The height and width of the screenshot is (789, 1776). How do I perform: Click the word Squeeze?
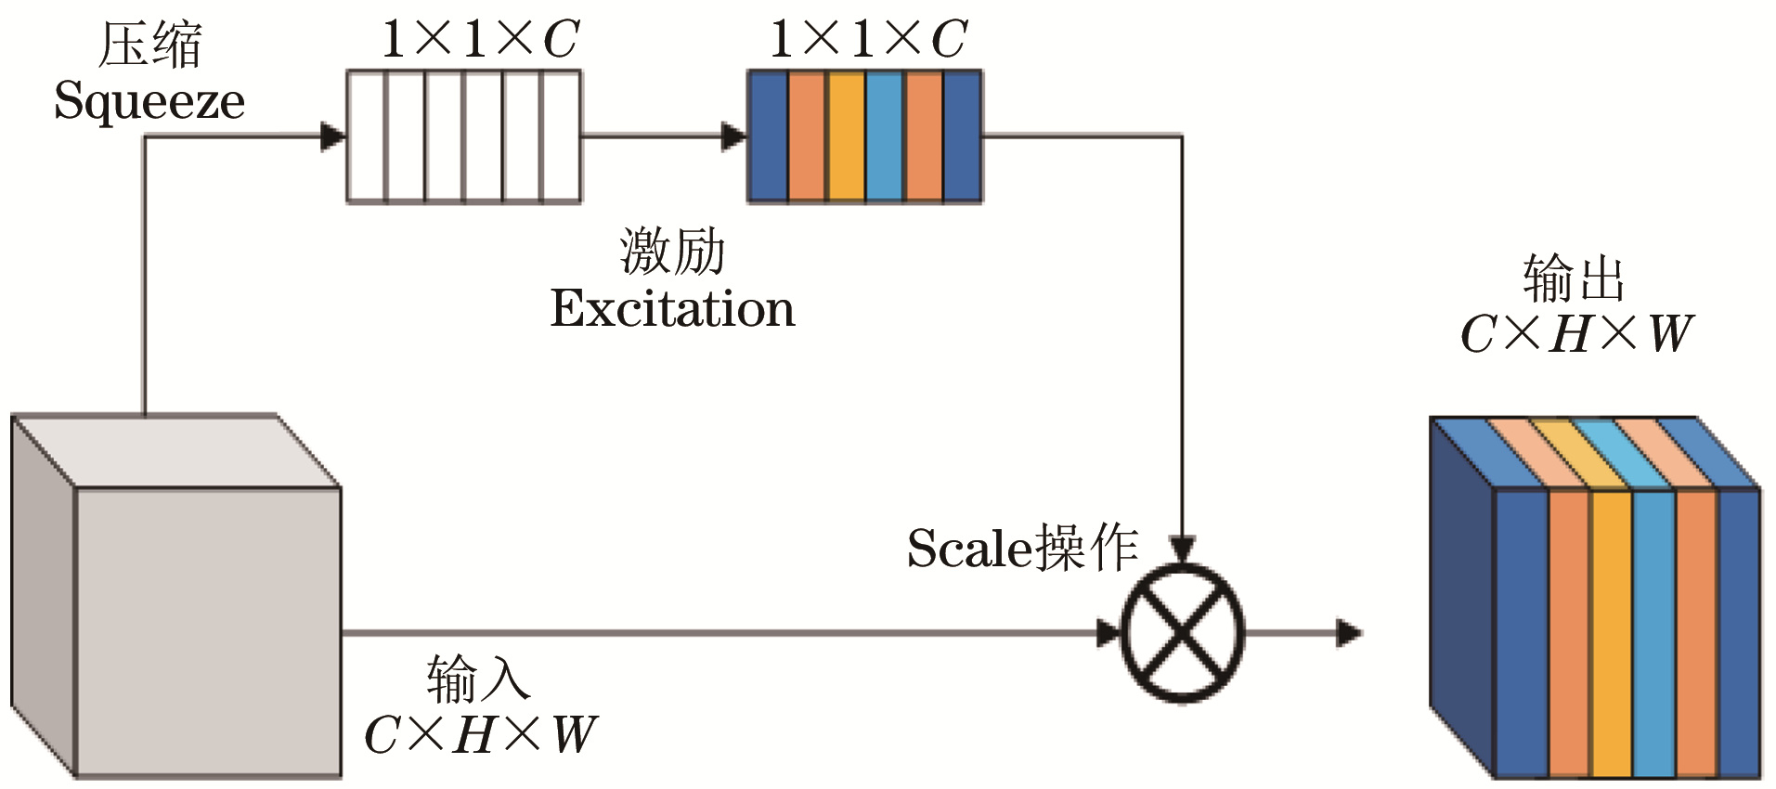(x=149, y=102)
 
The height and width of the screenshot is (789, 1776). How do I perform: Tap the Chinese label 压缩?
(x=149, y=45)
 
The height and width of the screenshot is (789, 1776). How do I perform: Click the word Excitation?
(x=672, y=309)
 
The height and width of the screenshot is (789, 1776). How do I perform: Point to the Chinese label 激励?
(x=672, y=252)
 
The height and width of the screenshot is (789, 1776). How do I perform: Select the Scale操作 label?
(x=1022, y=548)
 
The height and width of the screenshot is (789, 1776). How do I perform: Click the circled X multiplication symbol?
(x=1182, y=633)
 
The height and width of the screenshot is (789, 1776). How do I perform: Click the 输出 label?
(x=1574, y=278)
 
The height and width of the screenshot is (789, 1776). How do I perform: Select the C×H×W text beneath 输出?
(x=1575, y=334)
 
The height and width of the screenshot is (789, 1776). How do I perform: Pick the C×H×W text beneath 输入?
(x=479, y=735)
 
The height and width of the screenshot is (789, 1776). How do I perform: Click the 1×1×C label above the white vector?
(x=480, y=39)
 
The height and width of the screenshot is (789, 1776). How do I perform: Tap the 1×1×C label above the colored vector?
(x=868, y=39)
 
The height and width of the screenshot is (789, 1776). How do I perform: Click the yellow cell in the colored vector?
(x=845, y=136)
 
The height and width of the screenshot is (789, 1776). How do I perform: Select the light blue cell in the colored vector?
(x=884, y=136)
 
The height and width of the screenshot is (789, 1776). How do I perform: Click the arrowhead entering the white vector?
(x=332, y=136)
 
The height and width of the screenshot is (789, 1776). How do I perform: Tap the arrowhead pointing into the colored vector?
(x=733, y=136)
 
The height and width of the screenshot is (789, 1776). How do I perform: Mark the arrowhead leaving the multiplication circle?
(x=1348, y=633)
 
